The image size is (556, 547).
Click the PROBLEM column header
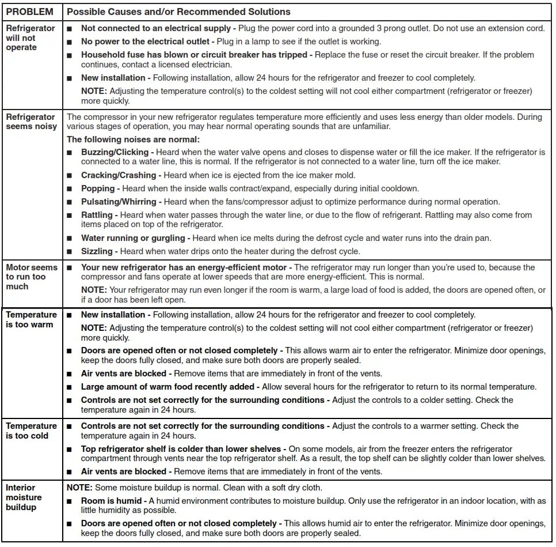(x=29, y=12)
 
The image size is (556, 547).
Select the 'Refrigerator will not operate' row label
(x=31, y=37)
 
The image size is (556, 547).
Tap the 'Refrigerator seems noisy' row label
(x=31, y=122)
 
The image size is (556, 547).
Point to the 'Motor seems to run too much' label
(x=32, y=277)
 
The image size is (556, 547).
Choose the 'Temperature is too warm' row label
(x=31, y=319)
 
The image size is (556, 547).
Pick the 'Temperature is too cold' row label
(x=31, y=431)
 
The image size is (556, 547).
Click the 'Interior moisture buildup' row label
(x=24, y=497)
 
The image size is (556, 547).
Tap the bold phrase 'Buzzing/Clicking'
(x=115, y=152)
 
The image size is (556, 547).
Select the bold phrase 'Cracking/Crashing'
(x=119, y=175)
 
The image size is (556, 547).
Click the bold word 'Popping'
(x=98, y=188)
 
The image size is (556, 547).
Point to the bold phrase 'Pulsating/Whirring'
(x=119, y=202)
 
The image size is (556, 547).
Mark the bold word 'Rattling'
(x=97, y=215)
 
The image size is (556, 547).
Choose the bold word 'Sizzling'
(x=97, y=251)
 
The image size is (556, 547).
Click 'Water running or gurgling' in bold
(x=133, y=237)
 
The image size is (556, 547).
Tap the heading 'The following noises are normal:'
(x=133, y=139)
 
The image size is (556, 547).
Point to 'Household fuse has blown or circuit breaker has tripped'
(x=195, y=55)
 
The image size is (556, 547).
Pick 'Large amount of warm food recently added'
(x=167, y=387)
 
